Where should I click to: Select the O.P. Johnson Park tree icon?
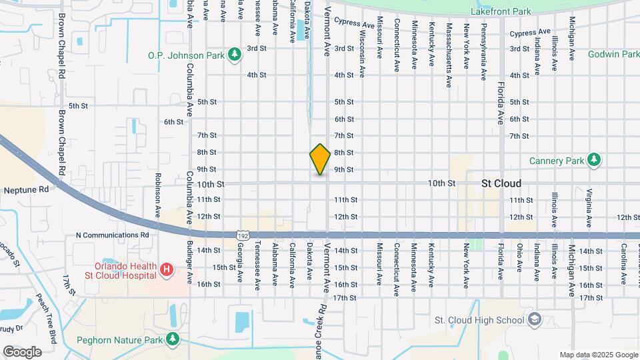234,55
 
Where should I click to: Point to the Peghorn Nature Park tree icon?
173,339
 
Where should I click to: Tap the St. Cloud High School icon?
534,320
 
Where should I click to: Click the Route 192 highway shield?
244,235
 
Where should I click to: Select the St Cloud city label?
501,183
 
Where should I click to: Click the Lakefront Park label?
501,12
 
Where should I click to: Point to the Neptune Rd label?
27,189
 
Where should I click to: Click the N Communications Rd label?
112,235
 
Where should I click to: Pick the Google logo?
22,352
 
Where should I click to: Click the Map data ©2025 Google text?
599,355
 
